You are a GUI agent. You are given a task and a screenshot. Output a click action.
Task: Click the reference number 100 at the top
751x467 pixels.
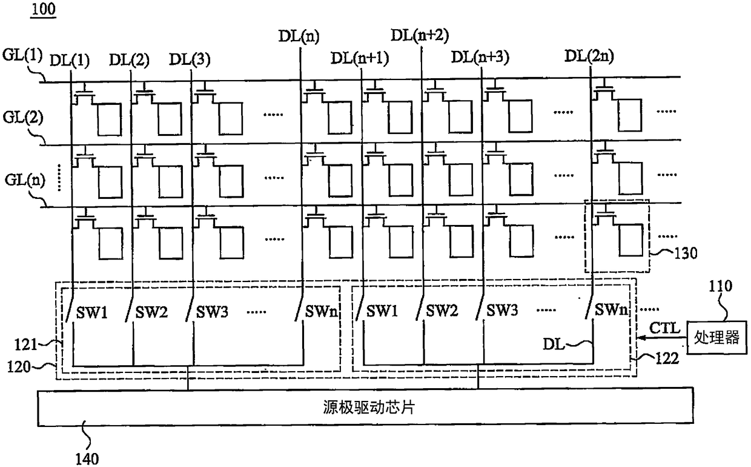[x=43, y=9]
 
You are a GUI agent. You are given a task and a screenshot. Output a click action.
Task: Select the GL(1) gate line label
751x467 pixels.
[x=22, y=55]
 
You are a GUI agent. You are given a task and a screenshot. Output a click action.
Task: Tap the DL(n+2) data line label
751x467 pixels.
[x=420, y=36]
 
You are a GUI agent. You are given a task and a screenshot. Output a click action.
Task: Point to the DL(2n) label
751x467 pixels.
[x=589, y=56]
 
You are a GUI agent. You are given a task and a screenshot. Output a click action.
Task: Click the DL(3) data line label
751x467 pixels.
[x=190, y=59]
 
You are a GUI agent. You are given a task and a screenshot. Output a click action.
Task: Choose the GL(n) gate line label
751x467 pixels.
[x=25, y=180]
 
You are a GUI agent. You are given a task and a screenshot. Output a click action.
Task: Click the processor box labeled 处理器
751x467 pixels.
[x=717, y=337]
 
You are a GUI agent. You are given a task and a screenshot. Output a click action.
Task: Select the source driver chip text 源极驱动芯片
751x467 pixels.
[x=369, y=407]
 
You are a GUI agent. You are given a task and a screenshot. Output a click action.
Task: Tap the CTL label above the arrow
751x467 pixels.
[x=664, y=328]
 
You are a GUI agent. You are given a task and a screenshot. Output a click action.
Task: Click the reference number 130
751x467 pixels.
[x=686, y=253]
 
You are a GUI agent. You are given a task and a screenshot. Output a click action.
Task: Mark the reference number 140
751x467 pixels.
[x=87, y=459]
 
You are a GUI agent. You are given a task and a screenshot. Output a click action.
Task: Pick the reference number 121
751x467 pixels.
[x=25, y=344]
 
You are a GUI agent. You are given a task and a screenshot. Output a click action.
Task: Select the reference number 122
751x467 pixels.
[x=667, y=358]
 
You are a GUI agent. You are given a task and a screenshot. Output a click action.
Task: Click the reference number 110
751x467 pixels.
[x=720, y=286]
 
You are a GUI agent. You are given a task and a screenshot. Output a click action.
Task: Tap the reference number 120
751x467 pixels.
[x=19, y=366]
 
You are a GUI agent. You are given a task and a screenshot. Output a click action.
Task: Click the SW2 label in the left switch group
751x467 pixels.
[x=151, y=312]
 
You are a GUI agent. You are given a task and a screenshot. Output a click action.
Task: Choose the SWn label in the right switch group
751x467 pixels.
[x=611, y=309]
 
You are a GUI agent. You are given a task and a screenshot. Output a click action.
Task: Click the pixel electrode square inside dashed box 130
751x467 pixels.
[x=631, y=241]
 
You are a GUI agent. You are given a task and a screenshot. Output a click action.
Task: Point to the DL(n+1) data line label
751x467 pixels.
[x=360, y=58]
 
